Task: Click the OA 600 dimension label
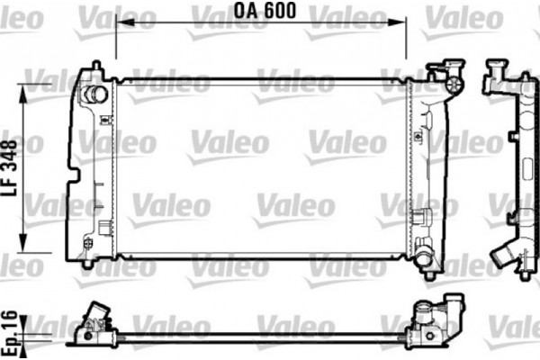pos(265,12)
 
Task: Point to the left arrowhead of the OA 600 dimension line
pos(121,25)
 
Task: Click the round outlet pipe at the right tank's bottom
pos(423,260)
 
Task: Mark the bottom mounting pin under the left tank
pos(87,264)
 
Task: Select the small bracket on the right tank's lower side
pos(419,217)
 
